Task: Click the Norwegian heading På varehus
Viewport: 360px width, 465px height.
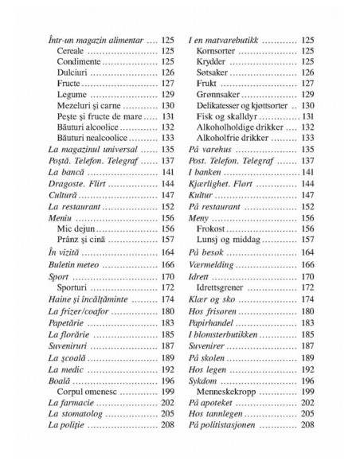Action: pos(210,149)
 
